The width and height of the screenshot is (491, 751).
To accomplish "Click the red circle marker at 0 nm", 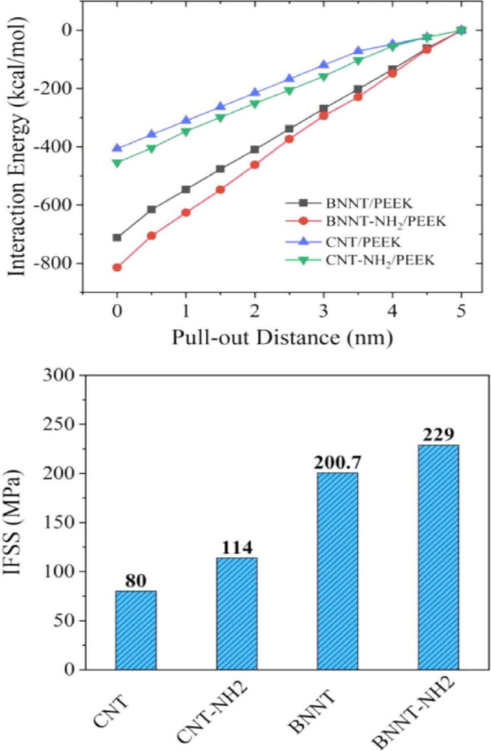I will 117,267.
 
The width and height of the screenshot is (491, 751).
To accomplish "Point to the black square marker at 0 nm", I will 117,238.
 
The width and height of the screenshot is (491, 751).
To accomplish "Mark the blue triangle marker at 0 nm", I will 117,148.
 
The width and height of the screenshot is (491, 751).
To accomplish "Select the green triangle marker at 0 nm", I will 117,163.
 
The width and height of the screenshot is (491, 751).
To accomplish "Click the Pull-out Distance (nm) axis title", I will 283,337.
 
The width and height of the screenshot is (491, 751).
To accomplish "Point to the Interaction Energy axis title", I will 17,146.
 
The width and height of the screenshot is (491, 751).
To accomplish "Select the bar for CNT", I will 136,630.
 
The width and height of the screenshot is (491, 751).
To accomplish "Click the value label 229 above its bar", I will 439,435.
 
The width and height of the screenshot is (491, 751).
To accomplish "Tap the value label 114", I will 237,548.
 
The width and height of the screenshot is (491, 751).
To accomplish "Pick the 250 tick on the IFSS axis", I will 59,424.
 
